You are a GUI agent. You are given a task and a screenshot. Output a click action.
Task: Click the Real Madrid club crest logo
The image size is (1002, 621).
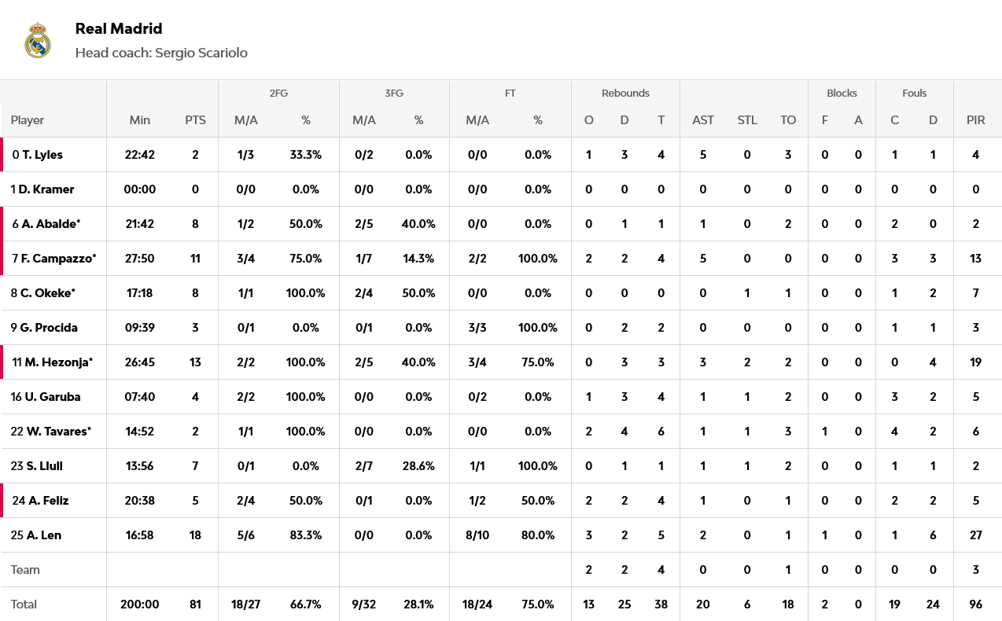click(x=37, y=40)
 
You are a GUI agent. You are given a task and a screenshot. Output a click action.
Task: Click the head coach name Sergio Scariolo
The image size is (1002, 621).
click(x=201, y=53)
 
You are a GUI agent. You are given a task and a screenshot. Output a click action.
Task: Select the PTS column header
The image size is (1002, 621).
click(x=195, y=120)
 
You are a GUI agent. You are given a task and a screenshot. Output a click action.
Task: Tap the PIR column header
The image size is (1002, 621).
click(x=975, y=120)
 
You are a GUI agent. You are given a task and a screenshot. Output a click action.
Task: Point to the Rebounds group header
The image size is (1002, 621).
click(x=625, y=93)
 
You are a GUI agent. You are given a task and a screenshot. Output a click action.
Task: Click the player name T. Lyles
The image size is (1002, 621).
click(x=42, y=155)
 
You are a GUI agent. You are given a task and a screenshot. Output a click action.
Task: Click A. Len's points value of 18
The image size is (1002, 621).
click(x=195, y=535)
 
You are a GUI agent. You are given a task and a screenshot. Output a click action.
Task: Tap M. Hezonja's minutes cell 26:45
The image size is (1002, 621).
click(x=140, y=362)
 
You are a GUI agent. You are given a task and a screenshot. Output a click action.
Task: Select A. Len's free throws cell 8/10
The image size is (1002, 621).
click(x=477, y=535)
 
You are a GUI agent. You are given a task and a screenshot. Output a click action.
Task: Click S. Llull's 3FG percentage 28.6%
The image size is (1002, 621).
click(x=418, y=466)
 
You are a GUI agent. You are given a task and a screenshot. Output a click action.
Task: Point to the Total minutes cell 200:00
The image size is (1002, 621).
click(x=140, y=604)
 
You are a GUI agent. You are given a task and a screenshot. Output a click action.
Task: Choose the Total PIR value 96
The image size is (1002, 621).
click(x=975, y=604)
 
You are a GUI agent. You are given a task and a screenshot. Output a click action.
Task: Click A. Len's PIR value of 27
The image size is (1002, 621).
click(x=975, y=535)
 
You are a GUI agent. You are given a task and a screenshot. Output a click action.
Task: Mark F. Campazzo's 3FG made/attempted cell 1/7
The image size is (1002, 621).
click(x=364, y=259)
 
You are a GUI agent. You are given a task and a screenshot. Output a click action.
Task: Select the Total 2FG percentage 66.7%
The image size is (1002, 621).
click(x=306, y=604)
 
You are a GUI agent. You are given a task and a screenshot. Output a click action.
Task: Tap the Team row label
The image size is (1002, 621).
click(x=25, y=570)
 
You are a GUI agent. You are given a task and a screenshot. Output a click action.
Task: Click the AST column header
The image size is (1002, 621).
click(x=703, y=120)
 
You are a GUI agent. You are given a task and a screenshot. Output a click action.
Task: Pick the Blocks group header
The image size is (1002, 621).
click(x=842, y=93)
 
